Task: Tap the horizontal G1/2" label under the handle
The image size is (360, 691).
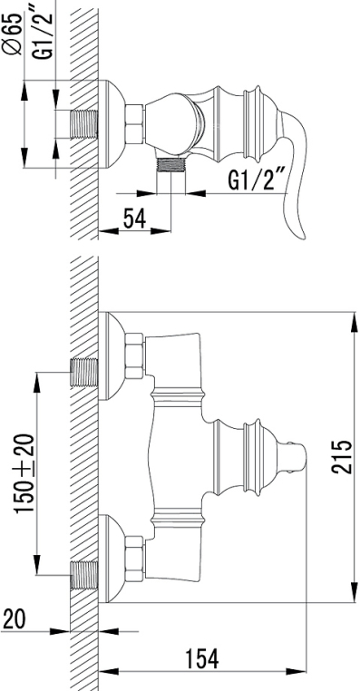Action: [258, 180]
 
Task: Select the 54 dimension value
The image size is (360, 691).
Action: [134, 218]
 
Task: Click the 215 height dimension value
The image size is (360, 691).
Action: [342, 456]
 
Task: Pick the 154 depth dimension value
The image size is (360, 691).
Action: [201, 659]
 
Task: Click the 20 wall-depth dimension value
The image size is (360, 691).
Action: [14, 619]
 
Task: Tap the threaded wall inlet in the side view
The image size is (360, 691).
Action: [84, 124]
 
